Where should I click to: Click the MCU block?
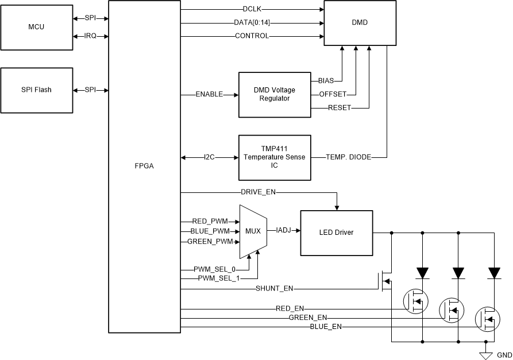[x=37, y=27]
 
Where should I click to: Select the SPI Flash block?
[x=37, y=90]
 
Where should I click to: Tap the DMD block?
[x=360, y=23]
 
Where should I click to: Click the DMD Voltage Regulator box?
[x=275, y=94]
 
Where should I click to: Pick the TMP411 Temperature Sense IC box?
[x=275, y=157]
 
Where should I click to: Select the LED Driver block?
[x=336, y=233]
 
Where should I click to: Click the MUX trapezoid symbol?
[x=253, y=232]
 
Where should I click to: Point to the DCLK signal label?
[x=252, y=10]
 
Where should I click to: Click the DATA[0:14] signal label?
[x=252, y=23]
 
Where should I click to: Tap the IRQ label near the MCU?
[x=90, y=36]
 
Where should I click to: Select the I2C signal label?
[x=209, y=157]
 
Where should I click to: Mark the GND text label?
[x=504, y=355]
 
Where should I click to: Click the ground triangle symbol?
[x=487, y=355]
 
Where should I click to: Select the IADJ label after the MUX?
[x=284, y=230]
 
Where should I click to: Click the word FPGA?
[x=144, y=166]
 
